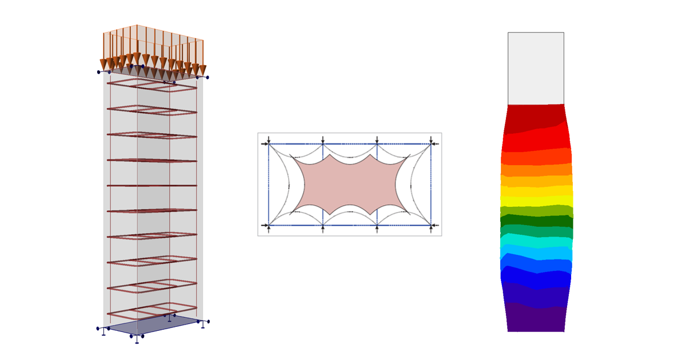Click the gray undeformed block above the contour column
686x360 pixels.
(536, 69)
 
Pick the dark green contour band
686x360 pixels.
(536, 221)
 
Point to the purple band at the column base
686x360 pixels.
(536, 320)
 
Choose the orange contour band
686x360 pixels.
(536, 170)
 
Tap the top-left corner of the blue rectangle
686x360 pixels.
(269, 144)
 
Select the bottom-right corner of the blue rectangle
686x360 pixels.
(431, 226)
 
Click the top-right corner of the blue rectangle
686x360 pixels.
(431, 144)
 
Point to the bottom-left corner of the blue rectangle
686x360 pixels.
(269, 226)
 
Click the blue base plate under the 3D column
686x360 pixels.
(153, 325)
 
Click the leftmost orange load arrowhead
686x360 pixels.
(103, 64)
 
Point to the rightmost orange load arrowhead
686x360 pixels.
(202, 70)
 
